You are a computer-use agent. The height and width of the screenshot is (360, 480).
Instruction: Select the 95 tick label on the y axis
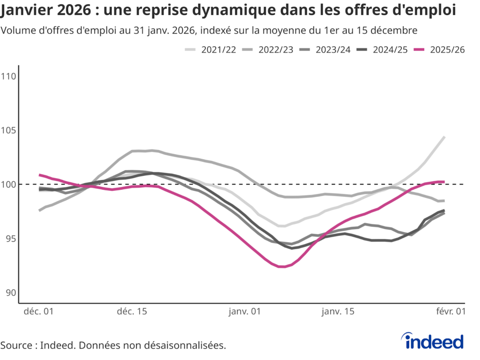(11, 238)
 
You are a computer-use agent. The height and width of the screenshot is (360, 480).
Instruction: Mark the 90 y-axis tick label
(11, 292)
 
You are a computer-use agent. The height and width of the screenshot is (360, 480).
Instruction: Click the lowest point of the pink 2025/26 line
(282, 267)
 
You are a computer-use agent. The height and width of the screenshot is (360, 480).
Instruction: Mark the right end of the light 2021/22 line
(444, 137)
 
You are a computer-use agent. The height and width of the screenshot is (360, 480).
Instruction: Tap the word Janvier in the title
(28, 10)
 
